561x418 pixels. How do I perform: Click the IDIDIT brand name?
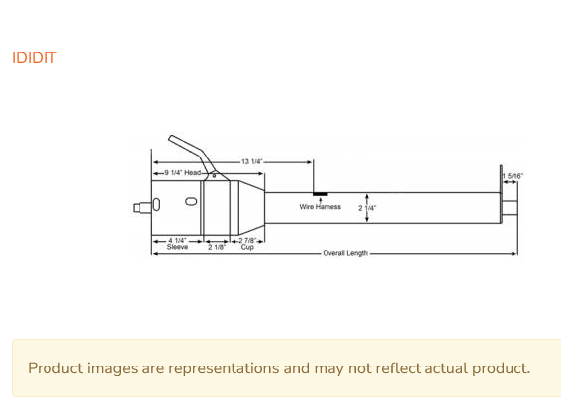click(x=35, y=58)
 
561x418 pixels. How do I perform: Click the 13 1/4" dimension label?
click(x=252, y=161)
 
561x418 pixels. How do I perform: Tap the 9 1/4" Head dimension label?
click(x=183, y=173)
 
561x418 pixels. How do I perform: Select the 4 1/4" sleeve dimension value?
click(x=177, y=240)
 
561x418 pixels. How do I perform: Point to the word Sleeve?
click(x=177, y=247)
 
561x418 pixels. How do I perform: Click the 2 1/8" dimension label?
click(x=217, y=247)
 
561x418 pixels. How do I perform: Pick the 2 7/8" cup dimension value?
click(x=247, y=240)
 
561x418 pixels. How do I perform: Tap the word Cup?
click(x=247, y=247)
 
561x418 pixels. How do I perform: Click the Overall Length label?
click(x=345, y=253)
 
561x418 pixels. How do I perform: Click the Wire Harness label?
click(x=321, y=207)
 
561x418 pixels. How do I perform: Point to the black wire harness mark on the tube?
click(x=321, y=194)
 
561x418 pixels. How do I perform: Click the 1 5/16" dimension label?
click(x=513, y=176)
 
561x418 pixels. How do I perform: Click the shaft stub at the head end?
click(x=142, y=207)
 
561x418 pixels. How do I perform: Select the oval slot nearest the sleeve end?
click(x=156, y=204)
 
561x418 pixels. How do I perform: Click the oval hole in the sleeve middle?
click(x=191, y=202)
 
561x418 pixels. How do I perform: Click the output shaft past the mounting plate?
click(x=510, y=208)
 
